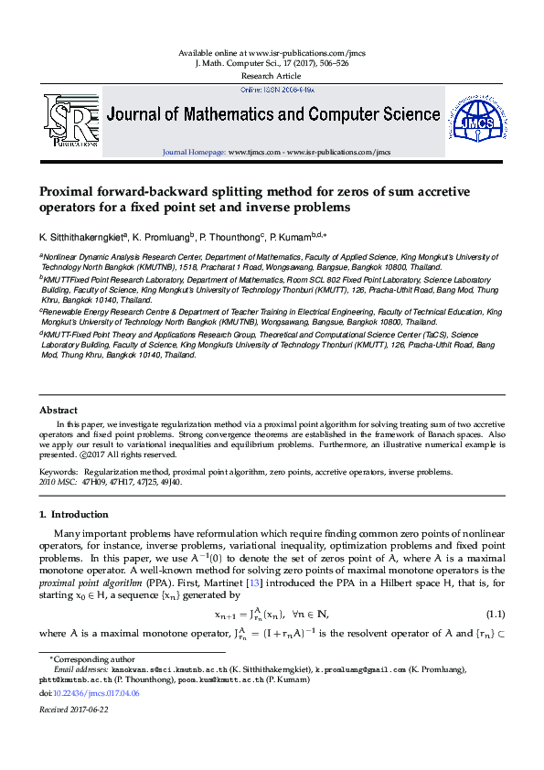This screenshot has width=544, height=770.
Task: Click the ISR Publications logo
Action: (70, 120)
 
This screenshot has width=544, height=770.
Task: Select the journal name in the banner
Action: (273, 115)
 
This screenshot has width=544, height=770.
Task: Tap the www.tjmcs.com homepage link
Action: (247, 152)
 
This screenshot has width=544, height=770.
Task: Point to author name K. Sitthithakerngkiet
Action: (80, 236)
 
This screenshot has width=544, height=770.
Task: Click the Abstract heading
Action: (58, 411)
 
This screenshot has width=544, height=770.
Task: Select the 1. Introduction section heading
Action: (74, 515)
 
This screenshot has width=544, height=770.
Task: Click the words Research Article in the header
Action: (272, 76)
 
